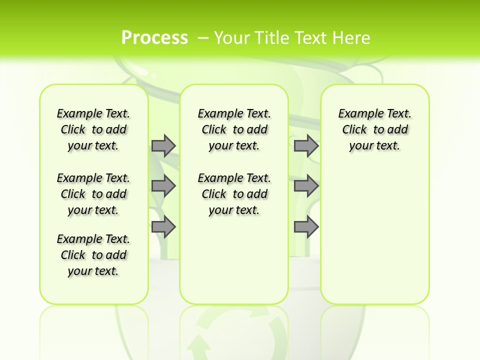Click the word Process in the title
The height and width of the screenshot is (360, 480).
click(154, 37)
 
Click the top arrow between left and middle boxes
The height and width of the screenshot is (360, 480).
click(163, 145)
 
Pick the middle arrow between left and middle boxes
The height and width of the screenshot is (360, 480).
click(163, 186)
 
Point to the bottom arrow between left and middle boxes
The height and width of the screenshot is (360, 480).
click(163, 227)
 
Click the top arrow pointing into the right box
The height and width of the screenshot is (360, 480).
click(306, 145)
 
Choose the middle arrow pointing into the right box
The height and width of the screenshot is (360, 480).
click(306, 186)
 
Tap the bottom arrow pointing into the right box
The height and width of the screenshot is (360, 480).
click(306, 227)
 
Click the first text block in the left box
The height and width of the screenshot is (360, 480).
click(93, 129)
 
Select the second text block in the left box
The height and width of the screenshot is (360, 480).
click(93, 194)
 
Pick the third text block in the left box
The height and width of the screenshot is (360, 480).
click(93, 255)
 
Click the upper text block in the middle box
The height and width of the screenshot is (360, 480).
click(234, 129)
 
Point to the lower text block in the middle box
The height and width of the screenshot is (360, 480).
click(234, 194)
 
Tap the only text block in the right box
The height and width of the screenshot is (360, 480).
click(375, 129)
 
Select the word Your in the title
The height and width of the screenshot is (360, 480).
click(230, 37)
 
